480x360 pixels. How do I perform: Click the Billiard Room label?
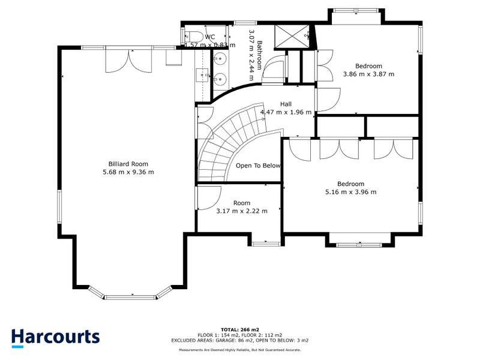(x=128, y=164)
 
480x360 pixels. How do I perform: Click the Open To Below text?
(x=258, y=166)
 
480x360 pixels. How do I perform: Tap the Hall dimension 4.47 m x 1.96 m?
(x=286, y=112)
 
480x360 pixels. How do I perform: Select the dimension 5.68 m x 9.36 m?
(x=128, y=172)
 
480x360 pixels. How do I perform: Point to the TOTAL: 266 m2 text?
(x=239, y=329)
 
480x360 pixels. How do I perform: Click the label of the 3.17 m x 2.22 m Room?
(x=242, y=203)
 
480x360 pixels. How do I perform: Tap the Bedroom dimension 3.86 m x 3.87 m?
(x=368, y=74)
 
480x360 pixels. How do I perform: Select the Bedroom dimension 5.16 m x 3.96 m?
(x=350, y=192)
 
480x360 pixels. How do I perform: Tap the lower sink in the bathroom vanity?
(x=221, y=77)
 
